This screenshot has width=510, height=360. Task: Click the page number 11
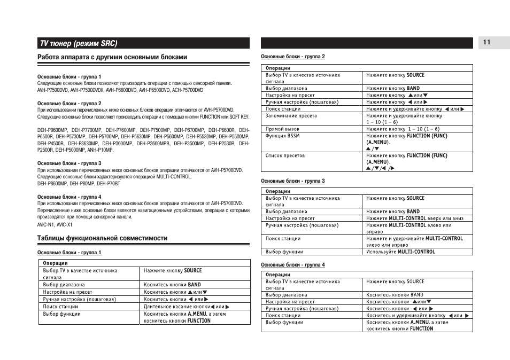point(486,43)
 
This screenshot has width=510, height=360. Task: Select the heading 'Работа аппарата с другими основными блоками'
point(112,57)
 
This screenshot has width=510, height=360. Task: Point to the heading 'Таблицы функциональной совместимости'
point(102,238)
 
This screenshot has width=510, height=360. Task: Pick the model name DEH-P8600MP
point(52,183)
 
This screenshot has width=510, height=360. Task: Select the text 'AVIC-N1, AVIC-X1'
point(55,224)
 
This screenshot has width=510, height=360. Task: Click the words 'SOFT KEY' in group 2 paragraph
point(239,116)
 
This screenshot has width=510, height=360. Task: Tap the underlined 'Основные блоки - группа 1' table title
point(69,253)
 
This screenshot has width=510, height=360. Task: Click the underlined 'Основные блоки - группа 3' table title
point(292,181)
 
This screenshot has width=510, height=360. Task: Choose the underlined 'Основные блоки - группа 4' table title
point(292,265)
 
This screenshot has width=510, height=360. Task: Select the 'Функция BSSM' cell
point(283,136)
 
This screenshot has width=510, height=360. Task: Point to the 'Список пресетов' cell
point(285,155)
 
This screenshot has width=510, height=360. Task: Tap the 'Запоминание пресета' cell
point(291,115)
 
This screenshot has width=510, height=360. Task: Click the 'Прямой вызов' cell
point(282,129)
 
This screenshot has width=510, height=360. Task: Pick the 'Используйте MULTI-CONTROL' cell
point(400,252)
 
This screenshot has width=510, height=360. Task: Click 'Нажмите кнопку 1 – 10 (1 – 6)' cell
point(403,129)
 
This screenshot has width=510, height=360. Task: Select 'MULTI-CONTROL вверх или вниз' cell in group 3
point(414,218)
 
